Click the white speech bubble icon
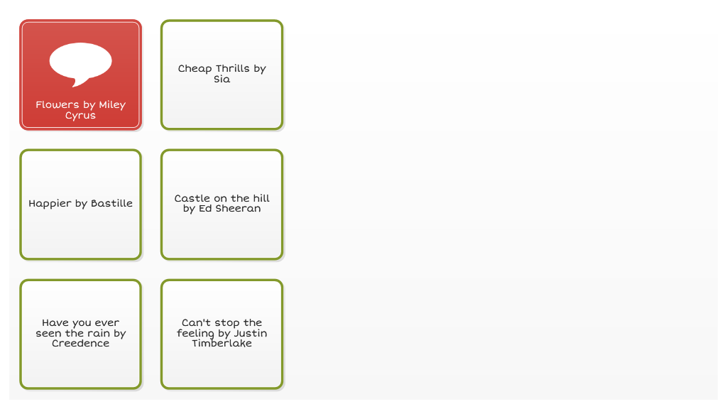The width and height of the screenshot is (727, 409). (81, 64)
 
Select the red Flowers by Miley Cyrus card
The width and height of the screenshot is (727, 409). (81, 75)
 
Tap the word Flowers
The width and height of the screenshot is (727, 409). (58, 105)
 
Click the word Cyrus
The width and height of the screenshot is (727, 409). (80, 116)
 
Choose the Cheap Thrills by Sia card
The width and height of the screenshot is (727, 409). (222, 75)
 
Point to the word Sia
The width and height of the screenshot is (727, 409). (222, 80)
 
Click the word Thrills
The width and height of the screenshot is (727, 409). (233, 69)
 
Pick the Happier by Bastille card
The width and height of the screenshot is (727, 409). (81, 204)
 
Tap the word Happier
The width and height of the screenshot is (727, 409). (50, 204)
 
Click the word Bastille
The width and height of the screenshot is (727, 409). (111, 204)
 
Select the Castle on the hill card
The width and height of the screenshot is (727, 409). (222, 204)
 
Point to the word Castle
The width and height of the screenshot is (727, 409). (192, 199)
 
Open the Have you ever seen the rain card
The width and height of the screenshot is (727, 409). (81, 334)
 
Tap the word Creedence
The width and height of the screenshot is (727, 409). (81, 344)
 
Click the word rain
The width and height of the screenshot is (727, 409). (98, 334)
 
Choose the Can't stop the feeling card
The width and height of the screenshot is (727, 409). (222, 334)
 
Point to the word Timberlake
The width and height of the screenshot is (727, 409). (222, 344)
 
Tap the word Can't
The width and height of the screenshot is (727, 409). (196, 323)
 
